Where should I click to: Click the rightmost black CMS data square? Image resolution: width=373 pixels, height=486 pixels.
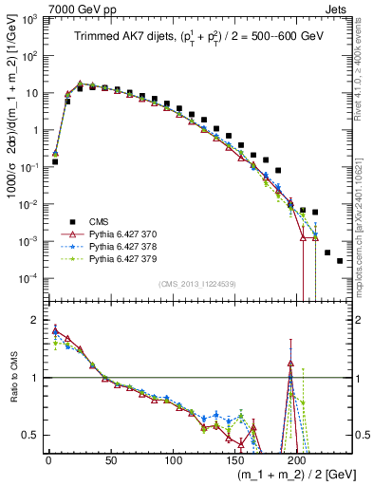[x=340, y=260]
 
